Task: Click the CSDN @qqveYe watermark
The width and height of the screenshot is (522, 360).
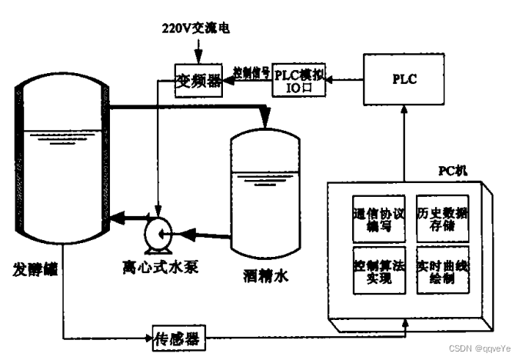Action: pyautogui.click(x=482, y=348)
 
